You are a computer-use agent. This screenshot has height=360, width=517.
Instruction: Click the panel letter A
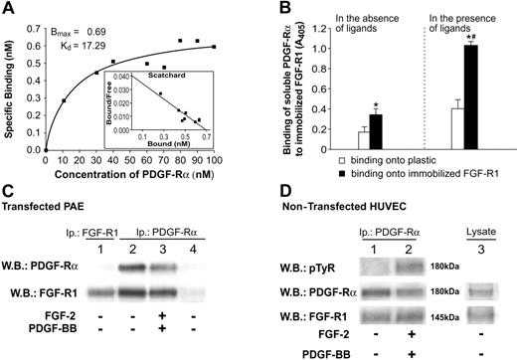8,8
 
